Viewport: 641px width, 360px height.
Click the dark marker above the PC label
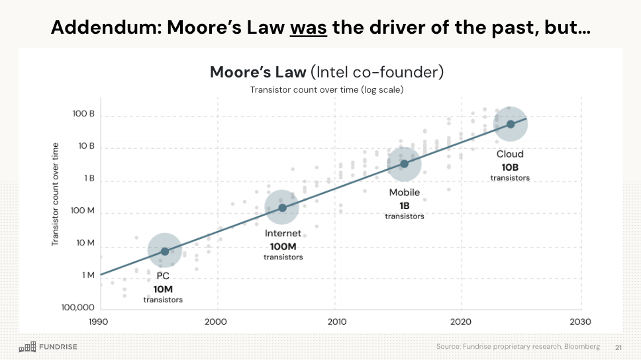coord(165,251)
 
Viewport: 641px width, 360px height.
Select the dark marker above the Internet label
coord(282,208)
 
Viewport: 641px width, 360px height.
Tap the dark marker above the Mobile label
coord(404,164)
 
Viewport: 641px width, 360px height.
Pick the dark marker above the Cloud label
coord(511,124)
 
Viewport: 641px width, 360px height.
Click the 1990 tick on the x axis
coord(99,322)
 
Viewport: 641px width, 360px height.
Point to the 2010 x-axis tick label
coord(337,322)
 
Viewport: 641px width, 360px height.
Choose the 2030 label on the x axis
coord(580,322)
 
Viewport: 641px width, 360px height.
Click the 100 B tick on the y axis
coord(83,114)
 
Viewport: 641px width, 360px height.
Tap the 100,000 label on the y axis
coord(77,308)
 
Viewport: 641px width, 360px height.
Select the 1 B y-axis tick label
coord(89,179)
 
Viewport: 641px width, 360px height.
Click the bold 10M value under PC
coord(163,289)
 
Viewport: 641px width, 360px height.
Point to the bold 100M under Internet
coord(283,246)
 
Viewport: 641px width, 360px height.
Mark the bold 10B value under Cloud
coord(510,167)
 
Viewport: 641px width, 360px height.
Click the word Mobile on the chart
coord(404,193)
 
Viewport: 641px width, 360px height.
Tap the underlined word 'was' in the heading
coord(308,28)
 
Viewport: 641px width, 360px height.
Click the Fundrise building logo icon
coord(27,347)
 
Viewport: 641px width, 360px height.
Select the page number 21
coord(618,347)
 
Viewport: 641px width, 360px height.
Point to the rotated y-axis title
coord(56,195)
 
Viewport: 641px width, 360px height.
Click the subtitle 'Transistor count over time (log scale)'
coord(326,89)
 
